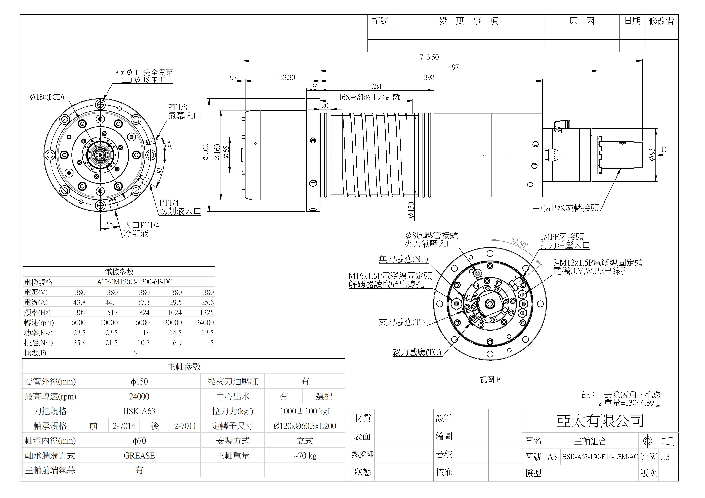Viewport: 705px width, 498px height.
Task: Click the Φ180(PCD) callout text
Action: pyautogui.click(x=47, y=97)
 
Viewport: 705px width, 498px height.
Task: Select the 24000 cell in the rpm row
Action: pyautogui.click(x=205, y=323)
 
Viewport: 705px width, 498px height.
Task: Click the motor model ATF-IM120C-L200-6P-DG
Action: pyautogui.click(x=135, y=282)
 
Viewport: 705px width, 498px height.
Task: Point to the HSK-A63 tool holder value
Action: pyautogui.click(x=139, y=411)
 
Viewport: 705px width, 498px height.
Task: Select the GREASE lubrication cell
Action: pyautogui.click(x=139, y=456)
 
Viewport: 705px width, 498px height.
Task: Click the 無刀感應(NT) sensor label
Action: pyautogui.click(x=403, y=259)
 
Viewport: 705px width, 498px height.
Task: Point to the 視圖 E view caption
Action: pyautogui.click(x=490, y=380)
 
